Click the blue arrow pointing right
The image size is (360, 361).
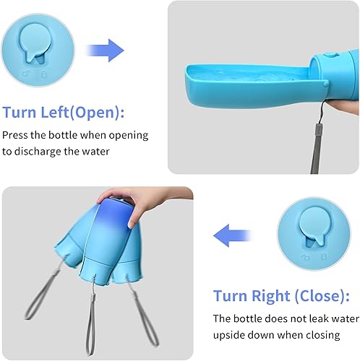(105, 51)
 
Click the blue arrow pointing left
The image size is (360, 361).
(231, 233)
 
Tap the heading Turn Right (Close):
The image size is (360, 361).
(280, 296)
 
